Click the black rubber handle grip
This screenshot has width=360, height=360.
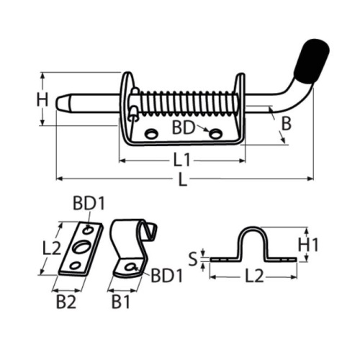pos(310,62)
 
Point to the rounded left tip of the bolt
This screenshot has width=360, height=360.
pos(60,102)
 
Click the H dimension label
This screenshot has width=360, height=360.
pos(42,99)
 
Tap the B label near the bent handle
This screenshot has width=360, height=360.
pos(286,123)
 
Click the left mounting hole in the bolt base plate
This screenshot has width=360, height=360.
pos(151,133)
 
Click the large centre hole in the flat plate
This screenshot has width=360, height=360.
pos(79,250)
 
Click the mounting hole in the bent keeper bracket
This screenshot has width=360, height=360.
pos(130,267)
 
